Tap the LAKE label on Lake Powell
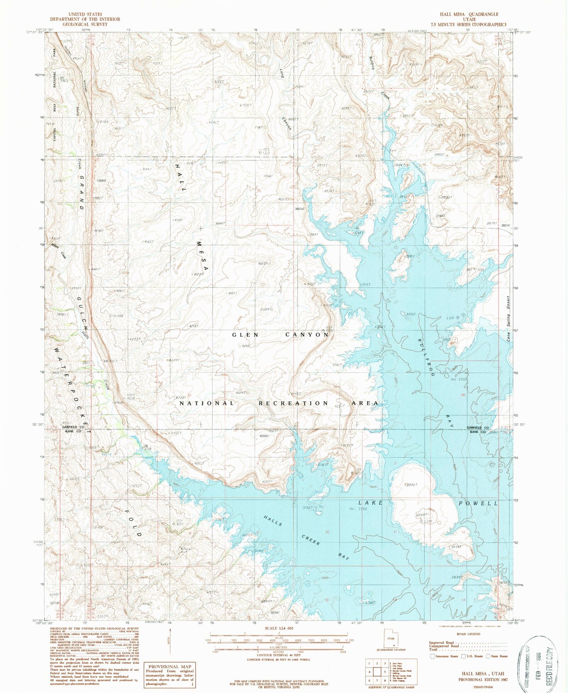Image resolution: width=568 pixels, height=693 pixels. point(371,503)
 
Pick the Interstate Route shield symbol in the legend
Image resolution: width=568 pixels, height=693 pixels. point(433,656)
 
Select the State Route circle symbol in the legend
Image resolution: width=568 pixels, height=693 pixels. point(488,656)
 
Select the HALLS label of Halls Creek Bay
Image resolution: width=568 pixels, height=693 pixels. point(274,522)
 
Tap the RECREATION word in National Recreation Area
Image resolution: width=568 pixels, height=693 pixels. point(293,403)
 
